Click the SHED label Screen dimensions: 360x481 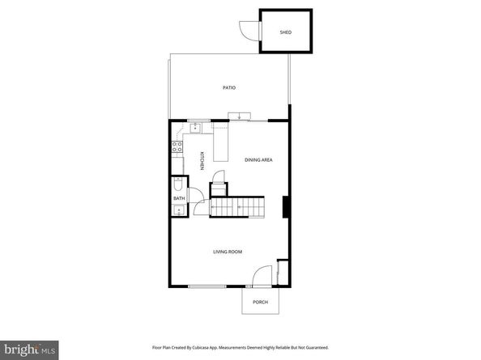(x=285, y=32)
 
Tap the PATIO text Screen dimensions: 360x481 (x=229, y=87)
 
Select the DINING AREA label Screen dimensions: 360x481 (x=258, y=160)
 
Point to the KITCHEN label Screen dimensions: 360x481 (x=201, y=161)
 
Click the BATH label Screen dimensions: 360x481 (x=177, y=199)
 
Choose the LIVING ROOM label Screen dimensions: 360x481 (x=228, y=252)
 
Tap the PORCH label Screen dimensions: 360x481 (x=260, y=302)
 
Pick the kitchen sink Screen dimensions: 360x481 (x=194, y=128)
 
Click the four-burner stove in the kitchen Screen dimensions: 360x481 (x=177, y=147)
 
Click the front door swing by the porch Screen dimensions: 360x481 (x=260, y=277)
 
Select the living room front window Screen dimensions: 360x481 (x=206, y=287)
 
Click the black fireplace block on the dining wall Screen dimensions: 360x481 (x=284, y=207)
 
